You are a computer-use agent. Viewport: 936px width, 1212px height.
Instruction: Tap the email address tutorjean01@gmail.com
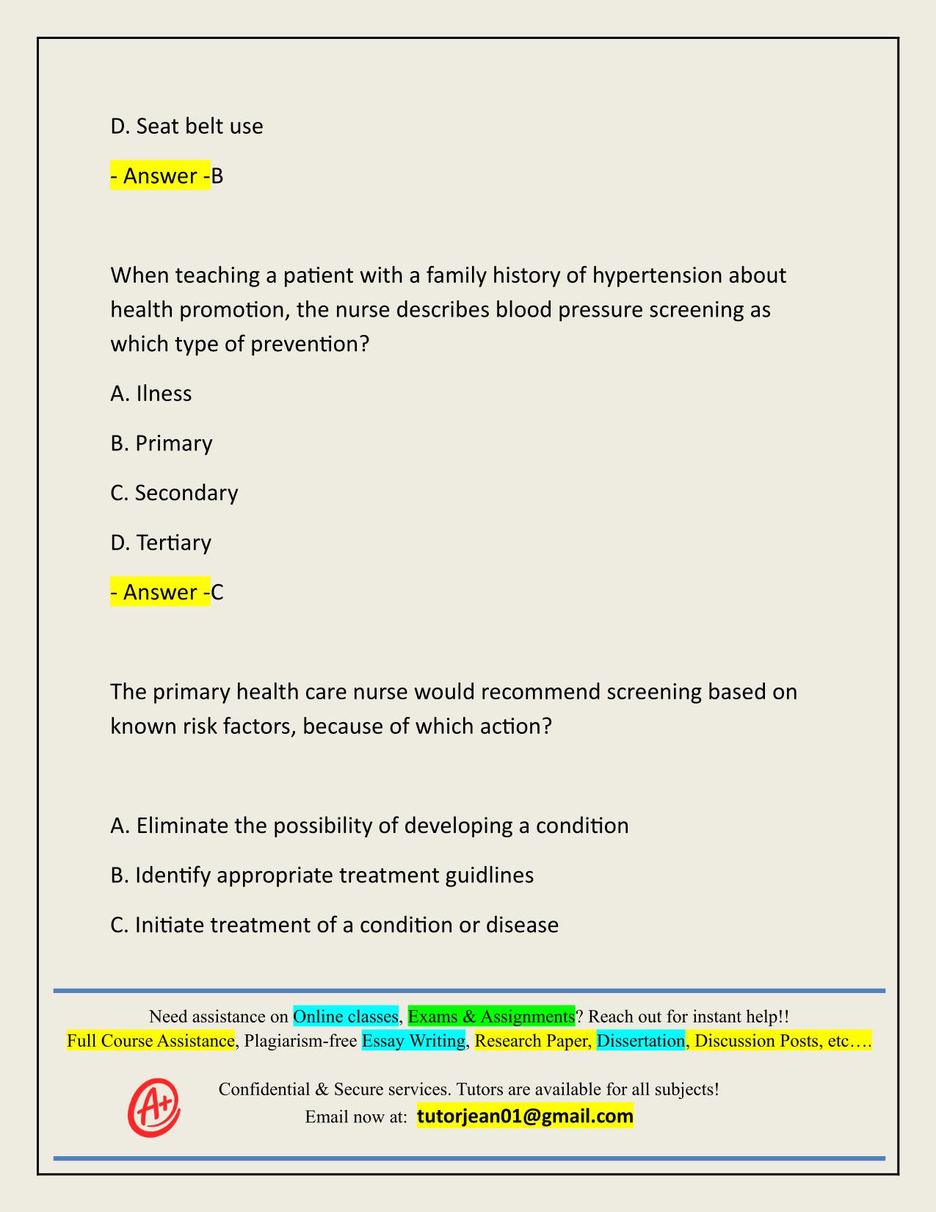(525, 1117)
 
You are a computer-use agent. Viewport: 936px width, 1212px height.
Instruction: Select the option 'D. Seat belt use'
(186, 126)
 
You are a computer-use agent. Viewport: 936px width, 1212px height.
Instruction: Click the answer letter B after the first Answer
(217, 176)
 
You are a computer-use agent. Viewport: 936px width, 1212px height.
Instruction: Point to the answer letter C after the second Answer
(217, 592)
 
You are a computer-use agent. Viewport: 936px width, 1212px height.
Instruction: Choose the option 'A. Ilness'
(151, 394)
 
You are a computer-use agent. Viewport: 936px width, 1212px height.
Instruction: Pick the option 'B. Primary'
(162, 444)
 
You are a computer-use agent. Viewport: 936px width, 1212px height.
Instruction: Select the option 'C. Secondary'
(174, 493)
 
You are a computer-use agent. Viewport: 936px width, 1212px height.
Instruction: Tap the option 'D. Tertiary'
(161, 543)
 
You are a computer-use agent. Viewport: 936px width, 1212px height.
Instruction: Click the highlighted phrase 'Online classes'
(345, 1017)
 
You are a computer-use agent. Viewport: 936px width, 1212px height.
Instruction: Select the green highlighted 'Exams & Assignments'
(491, 1017)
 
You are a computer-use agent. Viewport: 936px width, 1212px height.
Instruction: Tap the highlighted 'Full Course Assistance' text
(150, 1041)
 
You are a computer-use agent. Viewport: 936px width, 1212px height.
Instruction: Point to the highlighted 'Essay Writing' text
(413, 1041)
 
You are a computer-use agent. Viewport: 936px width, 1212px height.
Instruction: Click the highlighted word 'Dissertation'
(640, 1041)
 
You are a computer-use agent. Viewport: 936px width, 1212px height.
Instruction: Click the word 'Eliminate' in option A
(183, 826)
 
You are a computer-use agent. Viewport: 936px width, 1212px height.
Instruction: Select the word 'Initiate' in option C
(170, 925)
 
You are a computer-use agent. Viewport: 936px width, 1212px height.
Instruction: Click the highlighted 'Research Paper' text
(532, 1041)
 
